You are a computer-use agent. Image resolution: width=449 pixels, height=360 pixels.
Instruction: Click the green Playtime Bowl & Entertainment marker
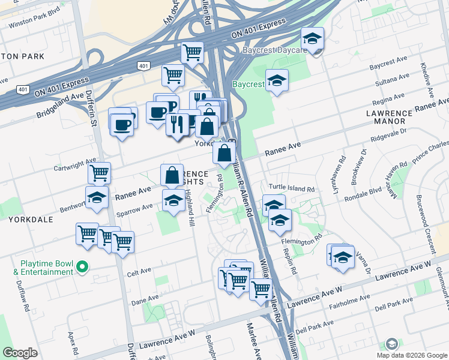click(x=83, y=268)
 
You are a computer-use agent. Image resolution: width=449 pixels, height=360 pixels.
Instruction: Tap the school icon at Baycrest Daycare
click(x=312, y=40)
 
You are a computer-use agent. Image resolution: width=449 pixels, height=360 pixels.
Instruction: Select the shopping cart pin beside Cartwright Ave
click(x=99, y=173)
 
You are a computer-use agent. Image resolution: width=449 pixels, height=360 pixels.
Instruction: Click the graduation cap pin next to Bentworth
click(x=97, y=197)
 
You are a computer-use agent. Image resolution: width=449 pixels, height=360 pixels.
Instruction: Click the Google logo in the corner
click(x=20, y=353)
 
